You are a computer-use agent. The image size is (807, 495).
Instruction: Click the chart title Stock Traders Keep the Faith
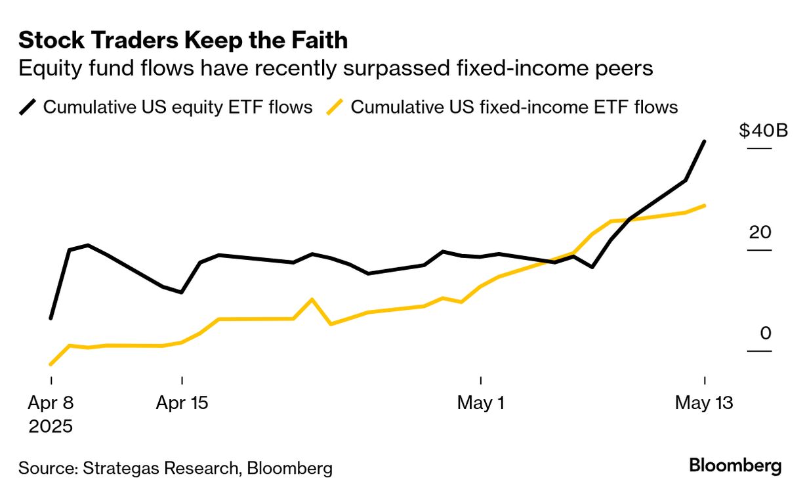tap(183, 41)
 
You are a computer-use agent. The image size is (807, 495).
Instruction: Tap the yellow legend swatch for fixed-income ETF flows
tap(335, 107)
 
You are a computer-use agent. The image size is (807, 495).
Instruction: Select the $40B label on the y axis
tap(762, 131)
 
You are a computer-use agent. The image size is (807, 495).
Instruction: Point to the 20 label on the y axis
tap(761, 232)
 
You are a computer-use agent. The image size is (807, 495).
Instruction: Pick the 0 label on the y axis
tap(766, 334)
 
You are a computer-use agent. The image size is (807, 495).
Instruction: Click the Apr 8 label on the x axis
tap(51, 402)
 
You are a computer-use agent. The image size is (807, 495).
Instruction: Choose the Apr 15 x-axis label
tap(182, 402)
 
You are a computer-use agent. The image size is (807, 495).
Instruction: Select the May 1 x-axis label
tap(481, 402)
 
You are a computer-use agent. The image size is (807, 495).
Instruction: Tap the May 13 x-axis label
tap(704, 402)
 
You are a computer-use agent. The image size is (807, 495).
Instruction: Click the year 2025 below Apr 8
tap(51, 426)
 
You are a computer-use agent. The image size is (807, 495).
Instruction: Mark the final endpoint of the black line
tap(704, 141)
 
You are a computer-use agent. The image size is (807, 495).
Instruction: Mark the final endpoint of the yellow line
tap(704, 205)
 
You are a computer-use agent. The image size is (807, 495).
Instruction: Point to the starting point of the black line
tap(51, 318)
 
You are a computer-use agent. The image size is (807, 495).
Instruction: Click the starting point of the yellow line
tap(51, 364)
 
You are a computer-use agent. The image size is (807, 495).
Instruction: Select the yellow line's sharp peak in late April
tap(312, 299)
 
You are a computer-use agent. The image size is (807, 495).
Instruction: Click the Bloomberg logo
tap(735, 466)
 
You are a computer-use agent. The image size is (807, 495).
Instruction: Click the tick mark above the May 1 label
tap(481, 381)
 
